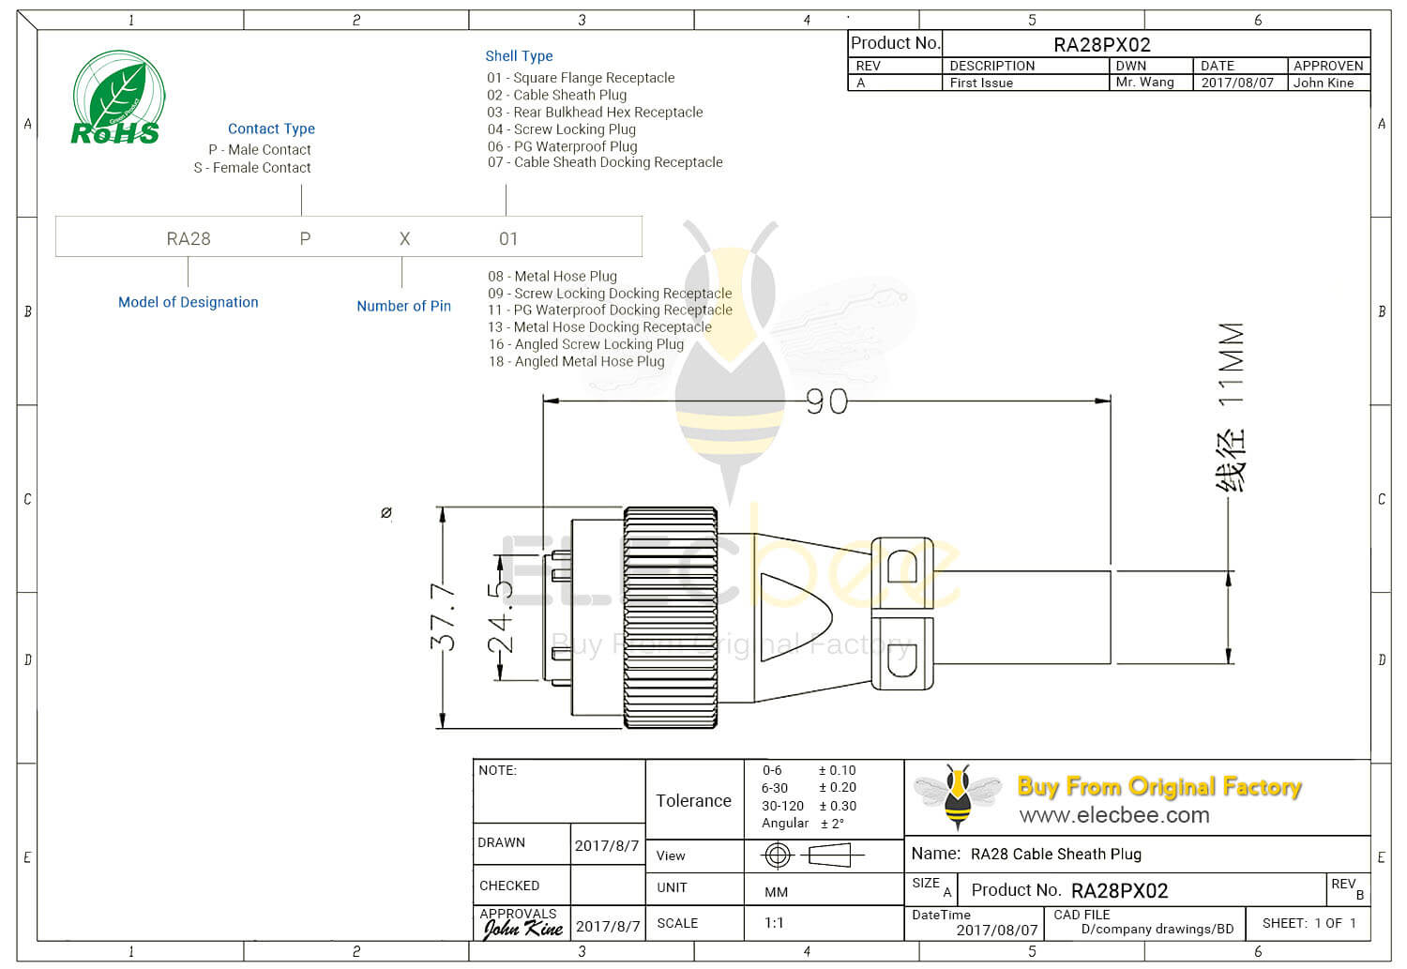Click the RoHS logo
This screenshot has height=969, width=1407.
click(x=117, y=98)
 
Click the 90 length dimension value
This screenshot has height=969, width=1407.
click(x=826, y=401)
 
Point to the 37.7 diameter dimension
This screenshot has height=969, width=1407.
click(x=443, y=616)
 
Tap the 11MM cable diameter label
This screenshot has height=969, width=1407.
click(x=1231, y=364)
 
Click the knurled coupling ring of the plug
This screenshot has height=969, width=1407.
click(x=671, y=617)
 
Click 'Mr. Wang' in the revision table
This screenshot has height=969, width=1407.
click(x=1144, y=83)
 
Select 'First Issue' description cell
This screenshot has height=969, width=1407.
click(x=981, y=83)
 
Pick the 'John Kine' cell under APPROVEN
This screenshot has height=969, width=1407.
click(x=1324, y=83)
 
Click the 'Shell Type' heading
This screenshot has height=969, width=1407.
click(x=519, y=56)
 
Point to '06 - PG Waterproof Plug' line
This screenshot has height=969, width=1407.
click(x=562, y=146)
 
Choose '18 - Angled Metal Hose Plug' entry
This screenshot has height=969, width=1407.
click(x=576, y=361)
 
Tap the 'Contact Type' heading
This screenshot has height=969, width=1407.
click(x=271, y=129)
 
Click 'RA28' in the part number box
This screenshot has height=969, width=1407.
click(x=189, y=238)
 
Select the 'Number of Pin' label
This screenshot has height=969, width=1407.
click(x=403, y=306)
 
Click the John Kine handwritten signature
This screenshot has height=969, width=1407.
click(x=522, y=929)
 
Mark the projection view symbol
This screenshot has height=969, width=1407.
click(x=811, y=855)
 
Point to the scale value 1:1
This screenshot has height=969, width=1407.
click(x=774, y=923)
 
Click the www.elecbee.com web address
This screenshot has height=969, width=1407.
click(x=1114, y=815)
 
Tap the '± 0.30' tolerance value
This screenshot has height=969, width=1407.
click(x=838, y=806)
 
